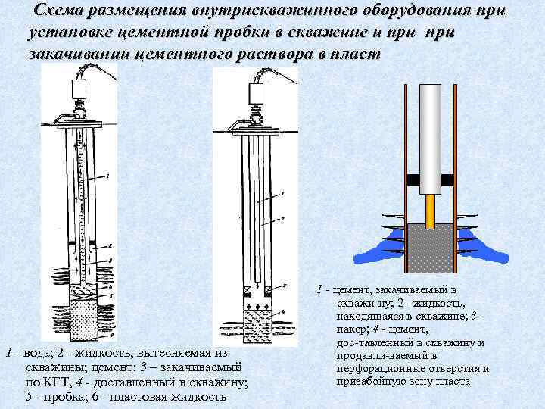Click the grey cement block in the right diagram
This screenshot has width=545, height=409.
tap(431, 249)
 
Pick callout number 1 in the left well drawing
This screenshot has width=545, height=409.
tap(109, 176)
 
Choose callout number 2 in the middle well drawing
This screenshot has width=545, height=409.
tap(282, 217)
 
